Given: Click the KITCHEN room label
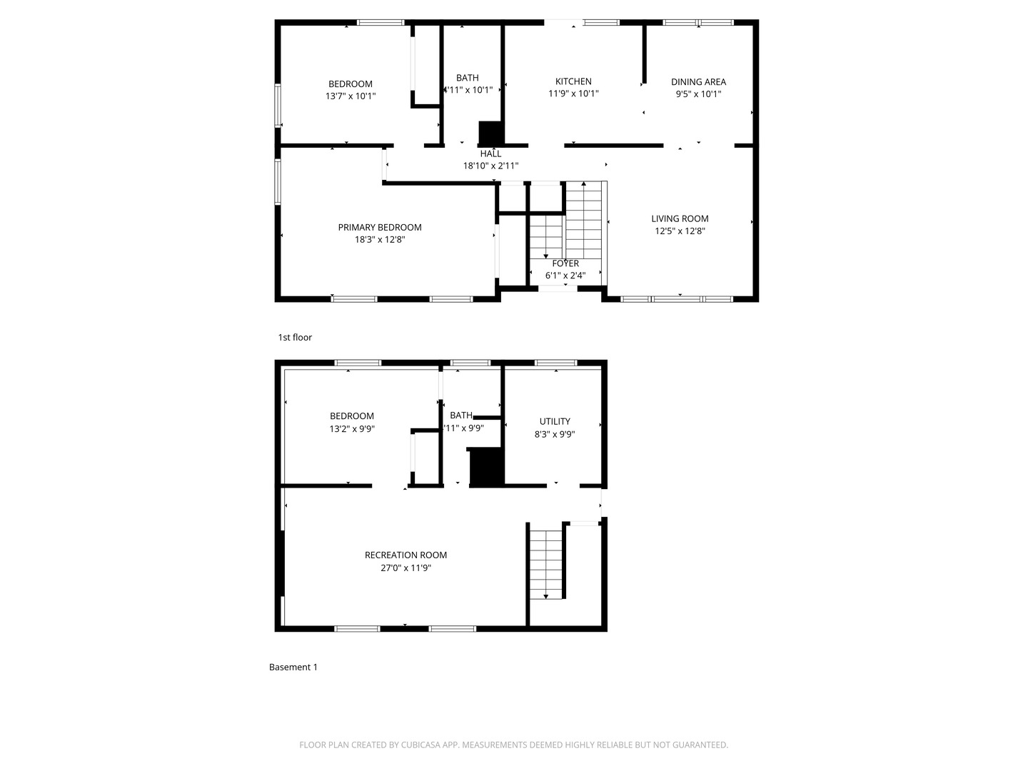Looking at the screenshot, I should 573,81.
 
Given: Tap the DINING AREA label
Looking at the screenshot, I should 698,82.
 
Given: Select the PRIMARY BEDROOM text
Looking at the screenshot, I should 380,228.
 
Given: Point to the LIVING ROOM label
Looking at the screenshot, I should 680,219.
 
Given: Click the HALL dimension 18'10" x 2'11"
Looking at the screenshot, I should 490,166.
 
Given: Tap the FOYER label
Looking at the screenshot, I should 565,263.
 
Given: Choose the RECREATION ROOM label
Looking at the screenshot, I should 405,555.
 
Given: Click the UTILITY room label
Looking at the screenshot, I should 555,422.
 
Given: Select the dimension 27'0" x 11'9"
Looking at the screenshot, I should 405,568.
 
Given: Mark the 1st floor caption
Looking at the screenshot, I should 295,338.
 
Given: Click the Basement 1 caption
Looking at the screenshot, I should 293,667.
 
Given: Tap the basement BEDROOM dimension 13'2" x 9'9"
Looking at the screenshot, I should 352,429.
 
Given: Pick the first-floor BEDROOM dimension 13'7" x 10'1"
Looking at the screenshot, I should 351,96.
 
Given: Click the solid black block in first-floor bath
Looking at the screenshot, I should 491,133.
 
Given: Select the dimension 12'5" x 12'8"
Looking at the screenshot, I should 680,231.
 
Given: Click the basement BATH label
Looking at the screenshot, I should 461,415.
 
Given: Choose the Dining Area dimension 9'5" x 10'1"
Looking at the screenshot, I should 698,94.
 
